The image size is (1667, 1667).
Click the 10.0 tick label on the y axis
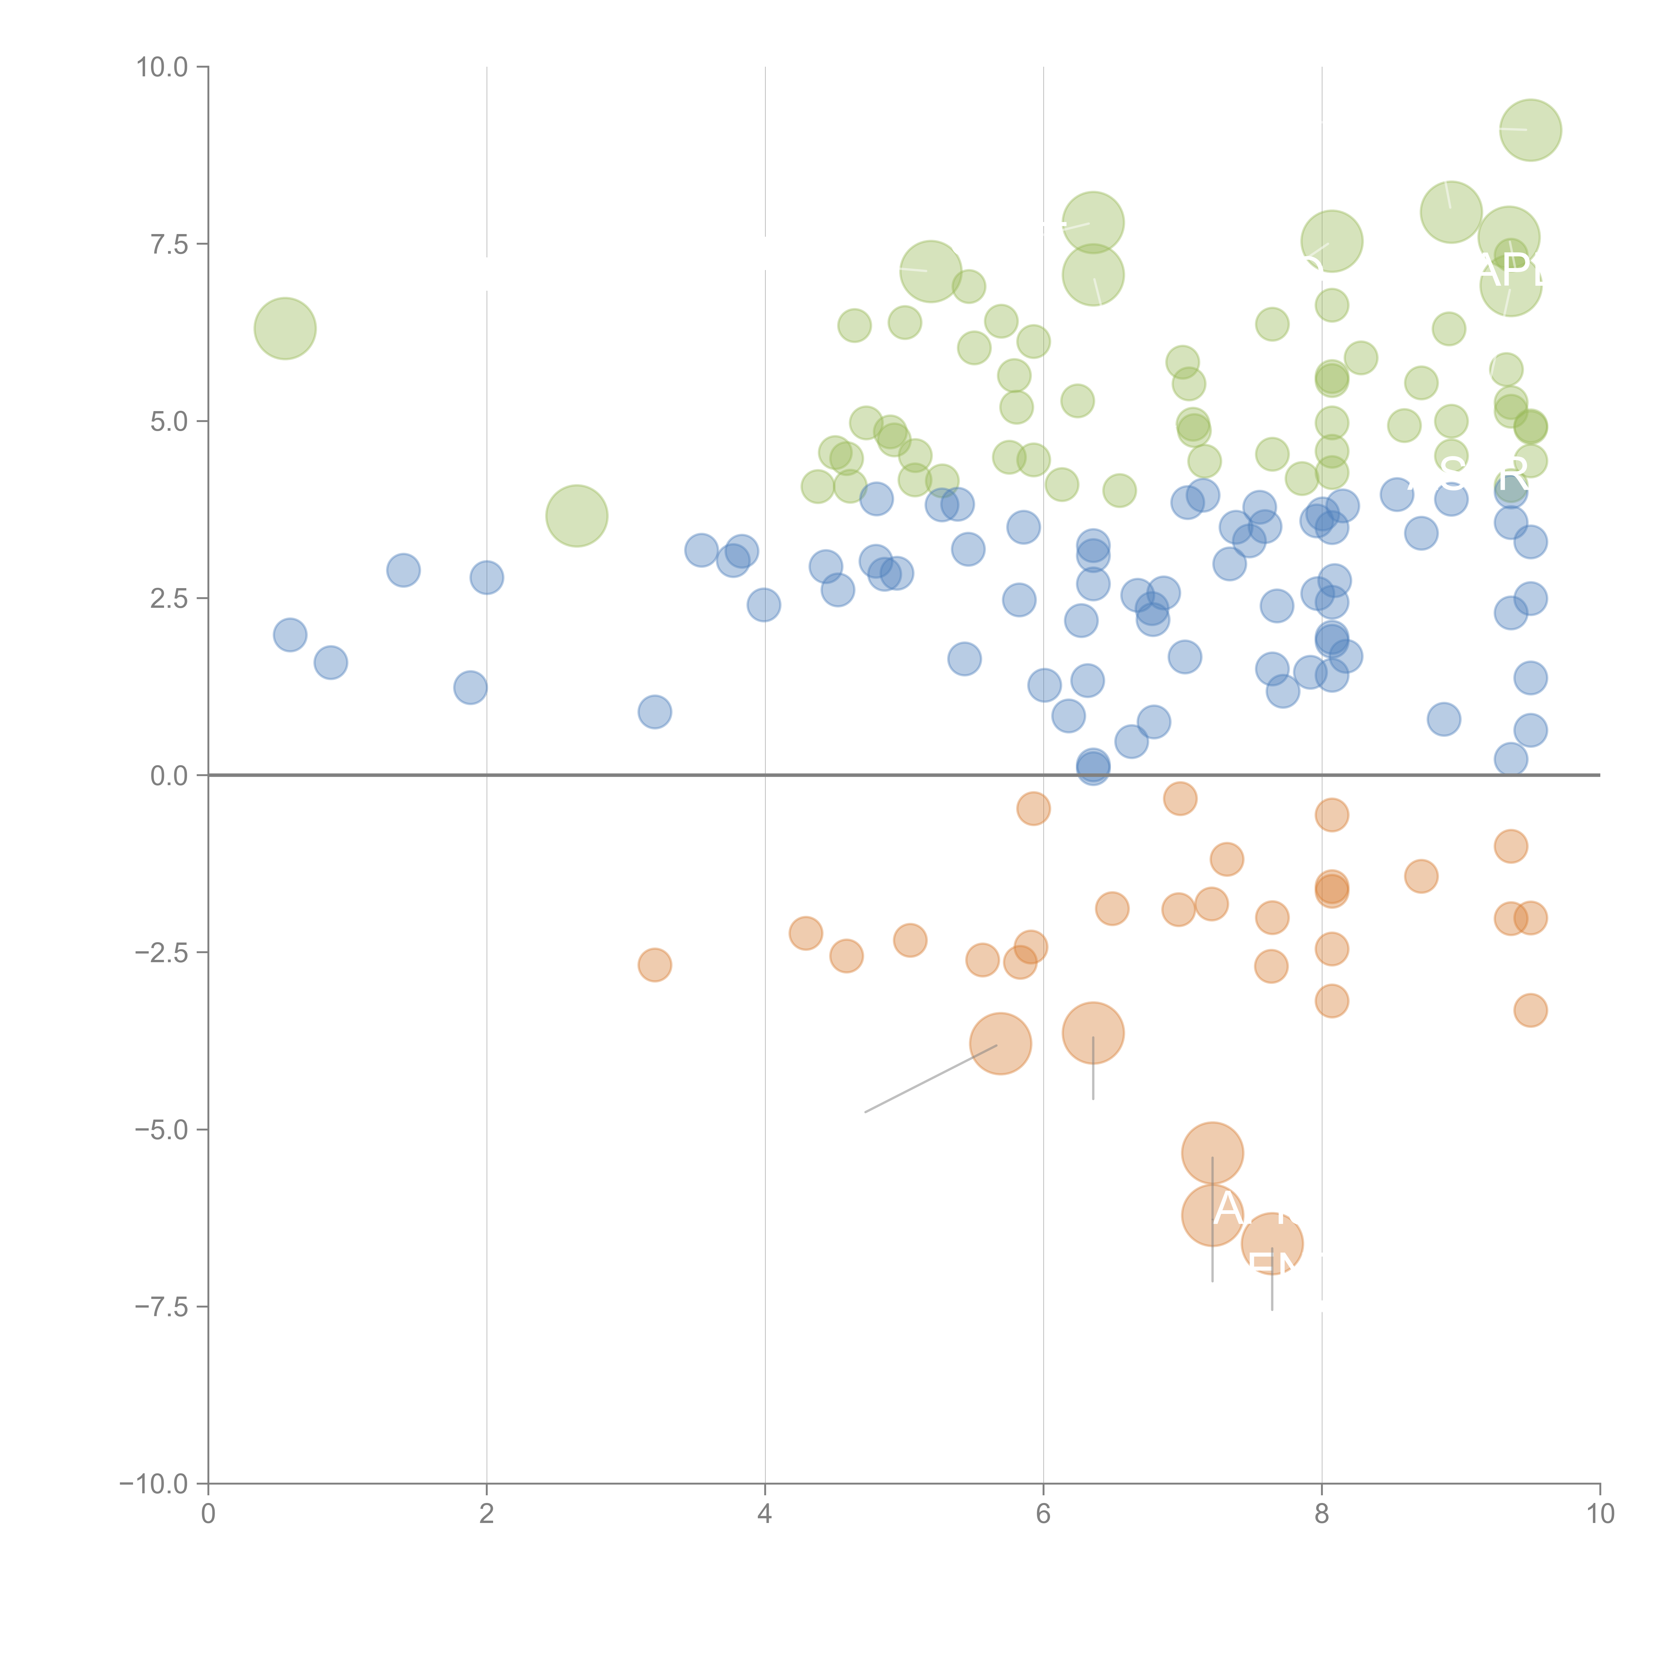162,67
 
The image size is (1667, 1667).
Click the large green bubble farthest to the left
285,328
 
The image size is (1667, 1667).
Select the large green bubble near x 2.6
576,516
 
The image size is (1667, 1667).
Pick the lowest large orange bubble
1272,1243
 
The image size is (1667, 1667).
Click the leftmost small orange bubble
655,965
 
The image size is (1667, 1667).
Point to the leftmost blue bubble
290,635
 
